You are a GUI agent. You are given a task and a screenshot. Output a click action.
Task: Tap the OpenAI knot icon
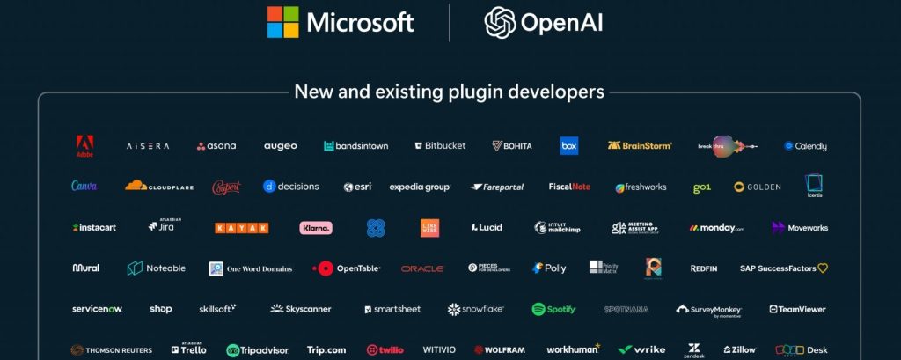[x=499, y=22]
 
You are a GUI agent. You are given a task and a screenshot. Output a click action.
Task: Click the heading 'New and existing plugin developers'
[x=449, y=92]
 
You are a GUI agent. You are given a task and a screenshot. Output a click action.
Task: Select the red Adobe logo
[x=84, y=146]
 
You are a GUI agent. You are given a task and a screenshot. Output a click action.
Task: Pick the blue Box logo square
[x=569, y=146]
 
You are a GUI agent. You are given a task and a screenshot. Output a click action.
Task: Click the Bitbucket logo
[x=440, y=146]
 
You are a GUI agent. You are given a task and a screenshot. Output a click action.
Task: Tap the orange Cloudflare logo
[x=159, y=187]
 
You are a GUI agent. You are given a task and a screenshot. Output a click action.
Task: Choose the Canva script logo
[x=84, y=187]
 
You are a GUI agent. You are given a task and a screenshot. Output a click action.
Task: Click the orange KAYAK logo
[x=242, y=227]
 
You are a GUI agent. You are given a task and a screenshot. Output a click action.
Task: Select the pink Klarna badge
[x=316, y=227]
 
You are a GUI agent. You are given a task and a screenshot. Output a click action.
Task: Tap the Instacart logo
[x=94, y=227]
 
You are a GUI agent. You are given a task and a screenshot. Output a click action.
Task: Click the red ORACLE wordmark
[x=422, y=268]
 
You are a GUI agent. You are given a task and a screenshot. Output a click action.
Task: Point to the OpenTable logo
[x=347, y=268]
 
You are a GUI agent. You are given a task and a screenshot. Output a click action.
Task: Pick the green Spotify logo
[x=553, y=309]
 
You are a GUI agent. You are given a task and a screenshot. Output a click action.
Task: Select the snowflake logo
[x=477, y=309]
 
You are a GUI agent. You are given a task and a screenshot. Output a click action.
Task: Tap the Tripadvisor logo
[x=257, y=349]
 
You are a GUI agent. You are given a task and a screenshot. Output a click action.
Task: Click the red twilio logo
[x=385, y=349]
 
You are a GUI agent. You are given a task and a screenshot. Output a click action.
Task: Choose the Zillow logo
[x=739, y=349]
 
